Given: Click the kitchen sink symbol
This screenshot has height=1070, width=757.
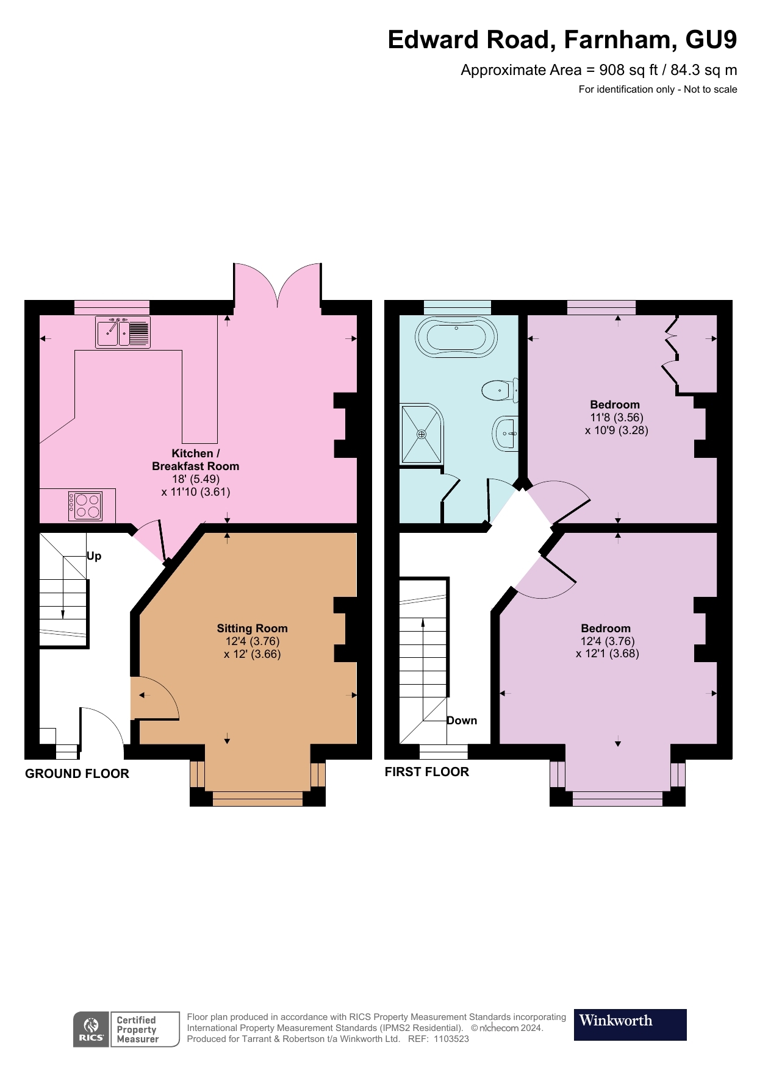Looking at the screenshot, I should pyautogui.click(x=123, y=332).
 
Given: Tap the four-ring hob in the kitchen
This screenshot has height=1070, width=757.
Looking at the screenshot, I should pyautogui.click(x=85, y=505).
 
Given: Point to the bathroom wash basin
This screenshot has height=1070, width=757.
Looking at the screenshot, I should pyautogui.click(x=506, y=433).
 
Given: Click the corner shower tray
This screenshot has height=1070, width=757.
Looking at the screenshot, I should pyautogui.click(x=421, y=433).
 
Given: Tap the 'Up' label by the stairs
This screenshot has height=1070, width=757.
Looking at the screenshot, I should pyautogui.click(x=94, y=556).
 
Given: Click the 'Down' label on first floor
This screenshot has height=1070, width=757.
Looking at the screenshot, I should pyautogui.click(x=462, y=721).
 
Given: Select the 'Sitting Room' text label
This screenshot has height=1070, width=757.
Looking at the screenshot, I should pyautogui.click(x=252, y=628).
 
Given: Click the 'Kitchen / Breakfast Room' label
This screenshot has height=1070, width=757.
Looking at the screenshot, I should pyautogui.click(x=195, y=460).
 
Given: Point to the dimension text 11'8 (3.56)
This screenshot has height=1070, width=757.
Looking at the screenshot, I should pyautogui.click(x=616, y=418).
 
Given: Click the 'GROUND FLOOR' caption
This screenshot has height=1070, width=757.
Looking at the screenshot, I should pyautogui.click(x=77, y=774).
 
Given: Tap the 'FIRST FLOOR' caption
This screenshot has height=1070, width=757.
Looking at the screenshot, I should pyautogui.click(x=426, y=772).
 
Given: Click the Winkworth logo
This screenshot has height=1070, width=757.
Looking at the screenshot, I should pyautogui.click(x=630, y=1024).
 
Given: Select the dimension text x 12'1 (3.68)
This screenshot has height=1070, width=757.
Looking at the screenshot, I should pyautogui.click(x=607, y=654).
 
